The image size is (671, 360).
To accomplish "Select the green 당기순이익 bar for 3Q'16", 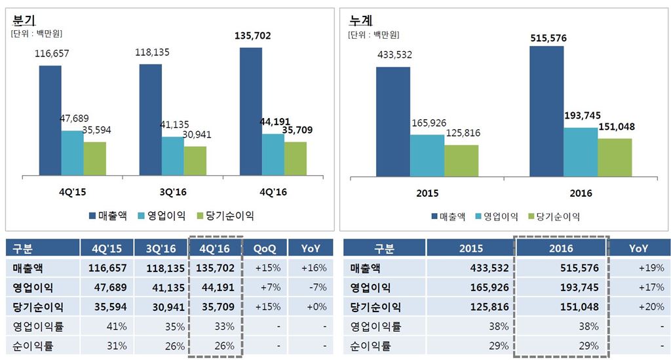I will [195, 161].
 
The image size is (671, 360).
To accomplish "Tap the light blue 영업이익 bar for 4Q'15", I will [72, 153].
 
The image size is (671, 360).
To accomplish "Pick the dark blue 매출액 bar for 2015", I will [393, 121].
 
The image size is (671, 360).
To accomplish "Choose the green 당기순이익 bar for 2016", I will [615, 157].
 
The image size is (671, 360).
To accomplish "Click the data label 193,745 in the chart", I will [582, 115].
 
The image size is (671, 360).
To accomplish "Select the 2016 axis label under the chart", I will [581, 193].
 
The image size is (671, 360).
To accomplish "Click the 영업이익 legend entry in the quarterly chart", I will [164, 215].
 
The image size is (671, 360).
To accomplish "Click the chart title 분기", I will [24, 18].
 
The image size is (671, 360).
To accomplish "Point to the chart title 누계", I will [361, 18].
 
